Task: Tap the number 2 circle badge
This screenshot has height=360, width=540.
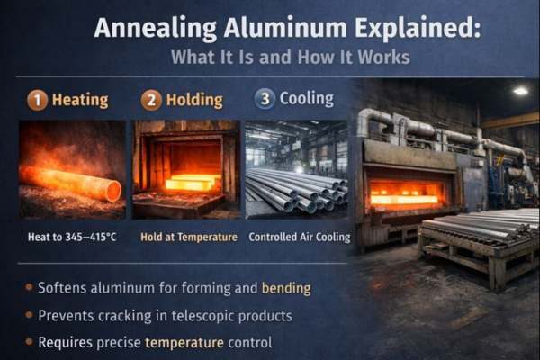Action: tap(151, 100)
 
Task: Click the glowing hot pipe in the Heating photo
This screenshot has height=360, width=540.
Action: tap(72, 184)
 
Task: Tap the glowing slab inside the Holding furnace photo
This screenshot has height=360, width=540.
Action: tap(190, 183)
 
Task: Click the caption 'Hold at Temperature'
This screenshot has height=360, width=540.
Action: tap(189, 238)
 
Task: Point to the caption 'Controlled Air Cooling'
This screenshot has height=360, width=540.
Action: tap(297, 238)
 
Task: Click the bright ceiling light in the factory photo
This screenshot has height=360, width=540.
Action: tap(520, 91)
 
